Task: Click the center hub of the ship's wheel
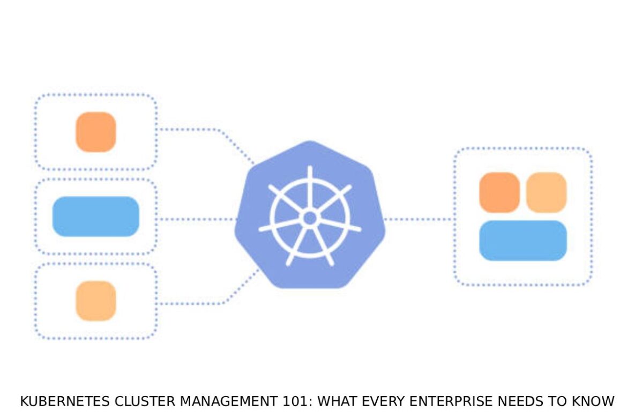(310, 218)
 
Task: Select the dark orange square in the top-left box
(95, 132)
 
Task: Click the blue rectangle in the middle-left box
(95, 217)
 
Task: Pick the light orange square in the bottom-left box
(95, 301)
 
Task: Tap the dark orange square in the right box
(499, 192)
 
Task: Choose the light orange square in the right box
(546, 192)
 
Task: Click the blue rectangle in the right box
(522, 241)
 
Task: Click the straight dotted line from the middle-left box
(196, 219)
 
